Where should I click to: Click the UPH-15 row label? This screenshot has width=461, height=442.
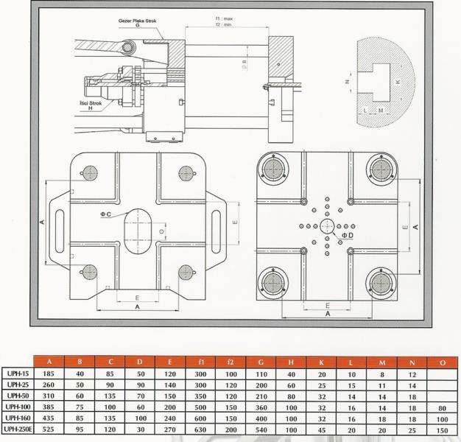[x=18, y=373]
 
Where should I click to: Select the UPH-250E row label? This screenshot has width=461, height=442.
[x=18, y=429]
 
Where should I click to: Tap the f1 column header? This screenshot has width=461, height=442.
[x=200, y=362]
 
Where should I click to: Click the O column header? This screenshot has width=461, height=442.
[x=443, y=362]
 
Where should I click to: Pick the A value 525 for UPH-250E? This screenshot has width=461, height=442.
[x=49, y=429]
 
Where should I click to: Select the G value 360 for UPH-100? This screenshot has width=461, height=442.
[x=261, y=407]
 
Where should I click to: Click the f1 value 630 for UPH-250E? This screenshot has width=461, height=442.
[x=200, y=429]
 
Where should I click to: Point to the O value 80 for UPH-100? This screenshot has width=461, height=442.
[x=442, y=408]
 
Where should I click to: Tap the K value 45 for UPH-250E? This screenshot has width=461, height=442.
[x=322, y=430]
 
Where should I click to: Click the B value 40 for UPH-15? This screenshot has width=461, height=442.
[x=80, y=373]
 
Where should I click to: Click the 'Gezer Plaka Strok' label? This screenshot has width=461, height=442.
[x=137, y=21]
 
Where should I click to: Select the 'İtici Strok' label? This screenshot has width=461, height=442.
[x=91, y=103]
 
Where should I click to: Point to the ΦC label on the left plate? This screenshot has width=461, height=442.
[x=106, y=214]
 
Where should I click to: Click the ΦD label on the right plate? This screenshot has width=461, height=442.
[x=348, y=235]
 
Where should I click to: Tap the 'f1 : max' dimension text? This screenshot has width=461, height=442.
[x=224, y=18]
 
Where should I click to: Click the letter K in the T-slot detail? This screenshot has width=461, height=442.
[x=398, y=82]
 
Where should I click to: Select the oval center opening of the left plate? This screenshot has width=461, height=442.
[x=138, y=231]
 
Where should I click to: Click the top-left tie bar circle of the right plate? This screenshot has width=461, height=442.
[x=273, y=169]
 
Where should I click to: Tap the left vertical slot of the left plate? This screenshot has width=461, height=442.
[x=60, y=231]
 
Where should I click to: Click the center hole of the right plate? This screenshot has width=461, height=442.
[x=327, y=226]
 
